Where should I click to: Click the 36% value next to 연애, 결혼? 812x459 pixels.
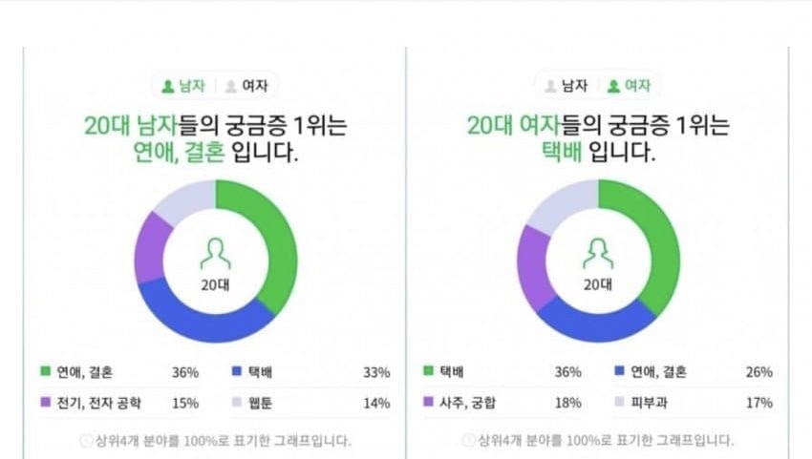(185, 371)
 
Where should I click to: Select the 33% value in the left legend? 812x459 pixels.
(376, 371)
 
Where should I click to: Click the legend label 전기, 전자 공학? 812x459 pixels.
(98, 403)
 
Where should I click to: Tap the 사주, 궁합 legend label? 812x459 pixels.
(467, 403)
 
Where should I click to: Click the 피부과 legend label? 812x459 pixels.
(648, 403)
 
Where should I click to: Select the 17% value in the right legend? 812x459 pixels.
(759, 403)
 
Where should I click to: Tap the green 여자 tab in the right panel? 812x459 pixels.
(629, 86)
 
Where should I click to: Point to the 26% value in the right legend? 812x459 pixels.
(759, 371)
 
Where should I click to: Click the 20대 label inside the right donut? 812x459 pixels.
(598, 284)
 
